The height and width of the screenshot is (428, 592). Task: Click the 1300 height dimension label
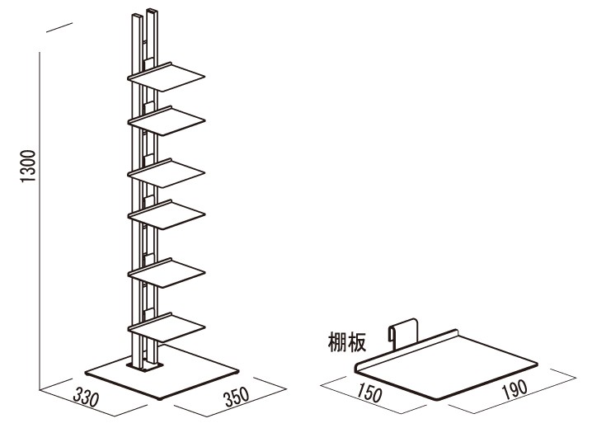pos(28,166)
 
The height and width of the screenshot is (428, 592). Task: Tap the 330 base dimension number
pos(87,397)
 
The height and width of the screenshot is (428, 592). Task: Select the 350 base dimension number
pos(237,396)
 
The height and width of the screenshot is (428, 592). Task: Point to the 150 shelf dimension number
pos(369,393)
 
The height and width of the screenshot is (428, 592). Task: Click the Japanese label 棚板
pos(346,342)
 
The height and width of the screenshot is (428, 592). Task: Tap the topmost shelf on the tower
pos(166,77)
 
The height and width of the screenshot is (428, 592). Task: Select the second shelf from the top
pos(166,121)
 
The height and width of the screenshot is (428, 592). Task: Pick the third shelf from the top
pos(166,173)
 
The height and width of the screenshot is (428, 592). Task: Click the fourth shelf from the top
pos(166,214)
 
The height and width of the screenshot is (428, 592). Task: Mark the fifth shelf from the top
pos(166,273)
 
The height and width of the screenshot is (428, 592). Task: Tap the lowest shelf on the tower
pos(166,327)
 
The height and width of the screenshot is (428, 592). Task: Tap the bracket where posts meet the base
pos(145,367)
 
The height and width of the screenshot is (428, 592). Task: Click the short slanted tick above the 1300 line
pos(59,27)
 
